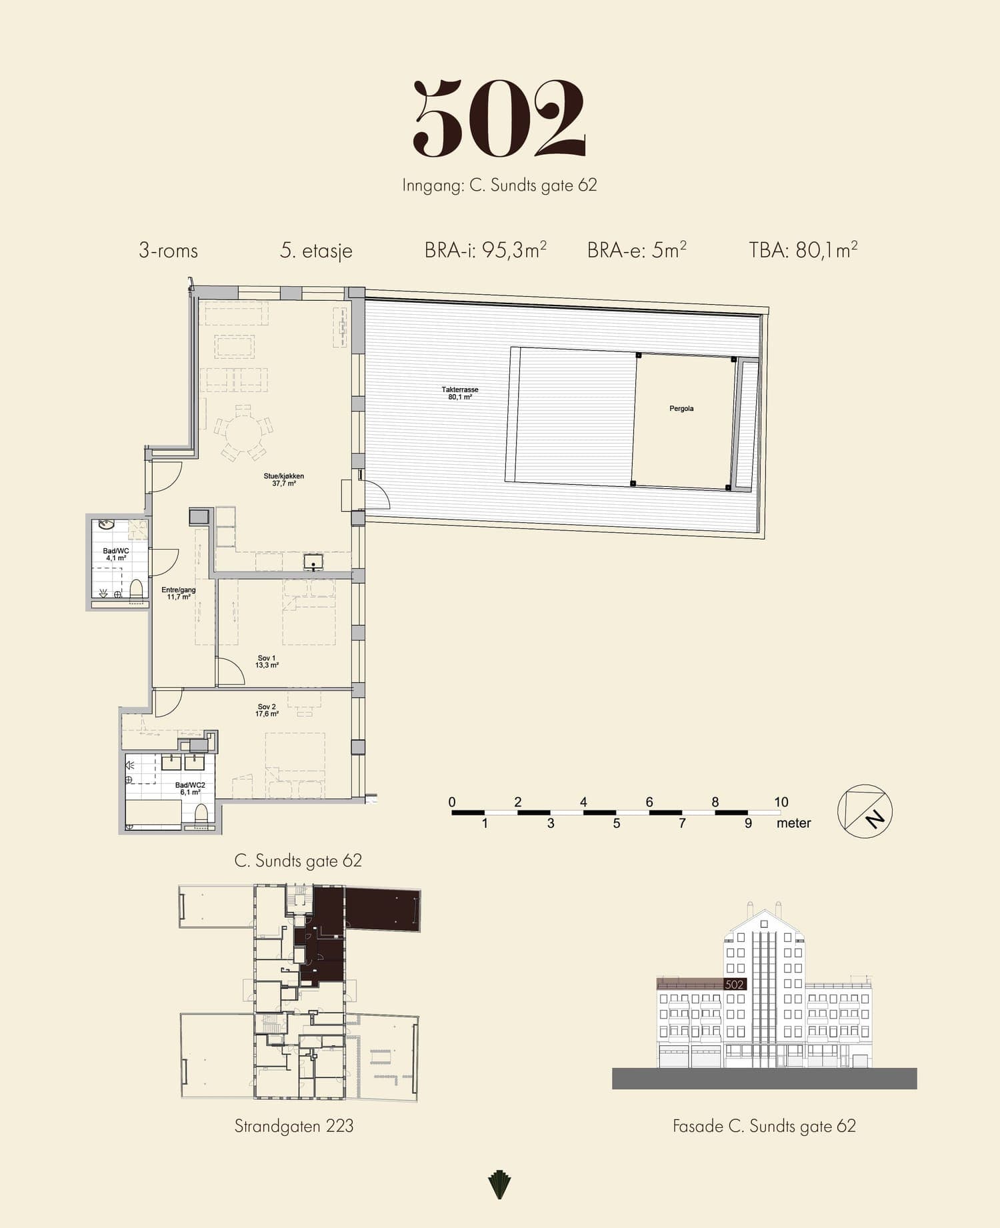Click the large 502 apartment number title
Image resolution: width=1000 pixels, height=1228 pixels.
tap(499, 118)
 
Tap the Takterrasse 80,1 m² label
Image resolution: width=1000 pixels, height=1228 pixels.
tap(460, 394)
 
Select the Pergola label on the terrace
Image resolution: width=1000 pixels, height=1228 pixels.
tap(681, 408)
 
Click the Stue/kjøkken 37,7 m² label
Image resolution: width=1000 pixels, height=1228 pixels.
tap(283, 480)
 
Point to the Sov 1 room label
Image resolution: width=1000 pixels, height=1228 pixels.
tap(267, 662)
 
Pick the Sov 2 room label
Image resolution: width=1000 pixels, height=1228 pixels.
tap(267, 710)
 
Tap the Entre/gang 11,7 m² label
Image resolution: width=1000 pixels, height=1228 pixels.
tap(179, 593)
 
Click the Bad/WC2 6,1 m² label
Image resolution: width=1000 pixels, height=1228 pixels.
tap(190, 788)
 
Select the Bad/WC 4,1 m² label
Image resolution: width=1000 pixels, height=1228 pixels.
tap(116, 554)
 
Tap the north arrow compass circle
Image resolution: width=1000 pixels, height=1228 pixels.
tap(865, 811)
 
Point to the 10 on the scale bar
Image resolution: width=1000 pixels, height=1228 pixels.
tap(781, 802)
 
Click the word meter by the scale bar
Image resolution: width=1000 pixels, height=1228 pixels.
tap(794, 823)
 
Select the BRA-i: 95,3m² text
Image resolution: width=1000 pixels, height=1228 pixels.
tap(485, 250)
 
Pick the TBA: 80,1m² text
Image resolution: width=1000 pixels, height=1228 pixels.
tap(803, 250)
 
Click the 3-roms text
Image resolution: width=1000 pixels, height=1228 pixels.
tap(168, 251)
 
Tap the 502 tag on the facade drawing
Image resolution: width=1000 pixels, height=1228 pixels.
tap(734, 985)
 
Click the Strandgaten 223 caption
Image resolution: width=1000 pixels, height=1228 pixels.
tap(294, 1127)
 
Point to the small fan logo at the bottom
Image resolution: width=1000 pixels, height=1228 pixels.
tap(499, 1185)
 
